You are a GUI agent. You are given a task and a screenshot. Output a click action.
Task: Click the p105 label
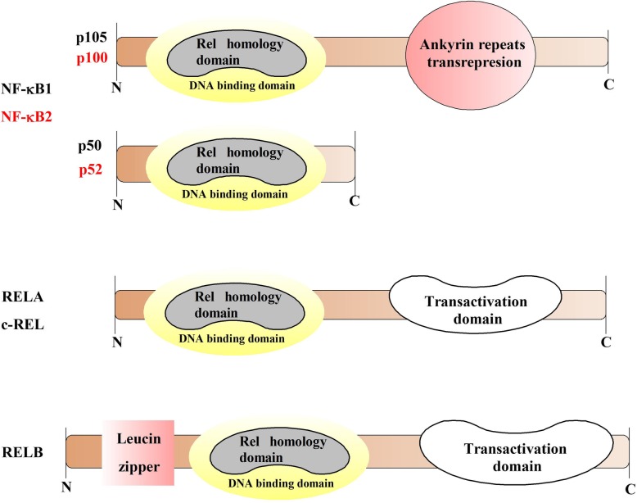pos(94,38)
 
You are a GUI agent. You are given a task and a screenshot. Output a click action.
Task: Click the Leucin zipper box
pos(138,451)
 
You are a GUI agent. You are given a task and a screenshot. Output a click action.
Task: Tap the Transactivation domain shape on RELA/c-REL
pos(463,309)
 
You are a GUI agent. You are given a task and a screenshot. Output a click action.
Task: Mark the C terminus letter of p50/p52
pos(355,200)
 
